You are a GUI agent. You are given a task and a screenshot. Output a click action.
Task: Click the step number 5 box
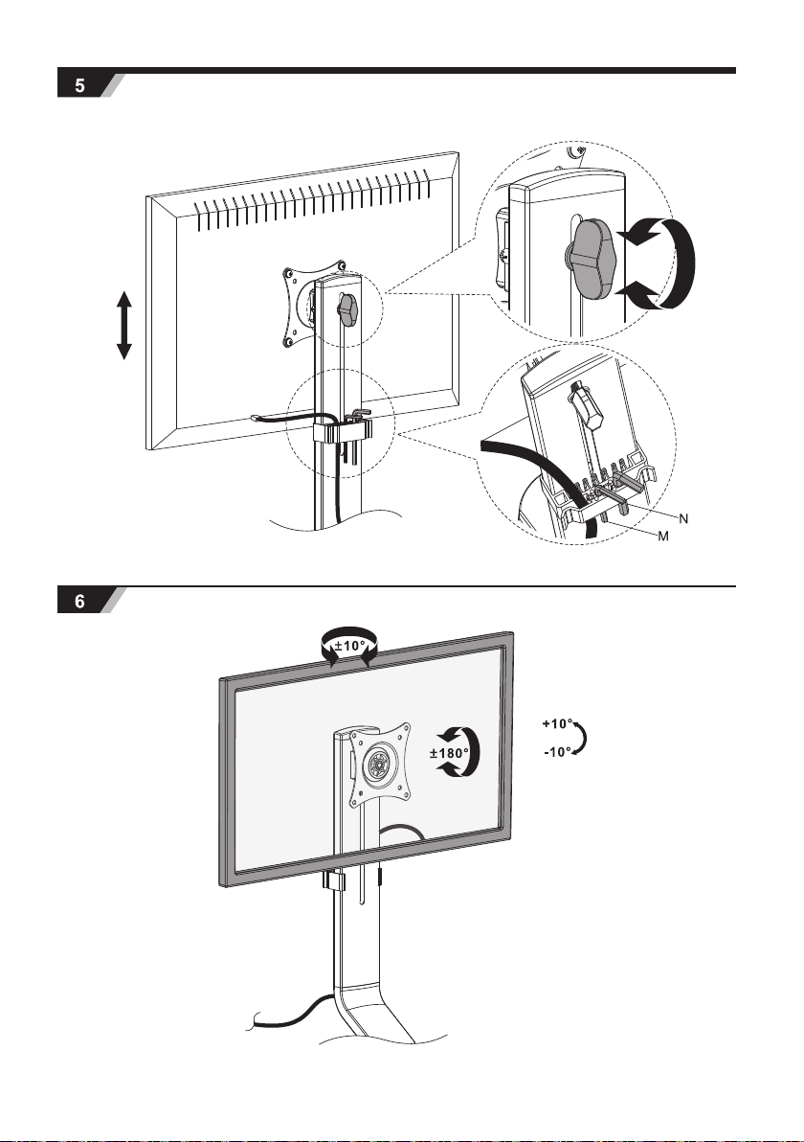pos(79,84)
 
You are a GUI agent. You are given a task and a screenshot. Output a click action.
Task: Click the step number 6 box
pos(79,602)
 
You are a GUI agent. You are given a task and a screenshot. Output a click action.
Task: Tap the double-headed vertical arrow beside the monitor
pos(123,326)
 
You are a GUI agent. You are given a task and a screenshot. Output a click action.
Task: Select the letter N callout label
pos(684,516)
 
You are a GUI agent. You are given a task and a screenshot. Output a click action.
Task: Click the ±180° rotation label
pos(450,753)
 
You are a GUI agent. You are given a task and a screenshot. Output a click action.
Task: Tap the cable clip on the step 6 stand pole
pos(334,880)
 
